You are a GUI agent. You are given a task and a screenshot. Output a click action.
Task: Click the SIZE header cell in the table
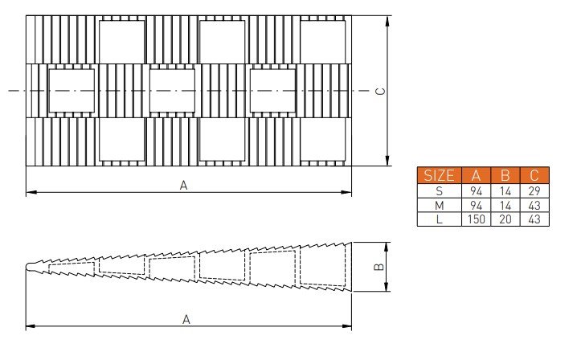(439, 175)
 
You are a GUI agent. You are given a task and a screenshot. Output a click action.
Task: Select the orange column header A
(477, 175)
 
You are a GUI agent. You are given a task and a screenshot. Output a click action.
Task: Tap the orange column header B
(505, 175)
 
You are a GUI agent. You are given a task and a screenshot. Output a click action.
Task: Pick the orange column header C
(534, 175)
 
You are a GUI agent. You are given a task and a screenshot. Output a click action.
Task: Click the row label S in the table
(439, 191)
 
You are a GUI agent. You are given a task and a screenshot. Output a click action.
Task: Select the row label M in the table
(439, 206)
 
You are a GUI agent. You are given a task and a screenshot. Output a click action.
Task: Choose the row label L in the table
(439, 219)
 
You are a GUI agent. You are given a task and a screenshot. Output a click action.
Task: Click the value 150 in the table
(477, 219)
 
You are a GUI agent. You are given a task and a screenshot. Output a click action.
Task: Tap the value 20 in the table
(505, 219)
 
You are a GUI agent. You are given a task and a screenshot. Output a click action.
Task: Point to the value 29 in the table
(534, 191)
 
